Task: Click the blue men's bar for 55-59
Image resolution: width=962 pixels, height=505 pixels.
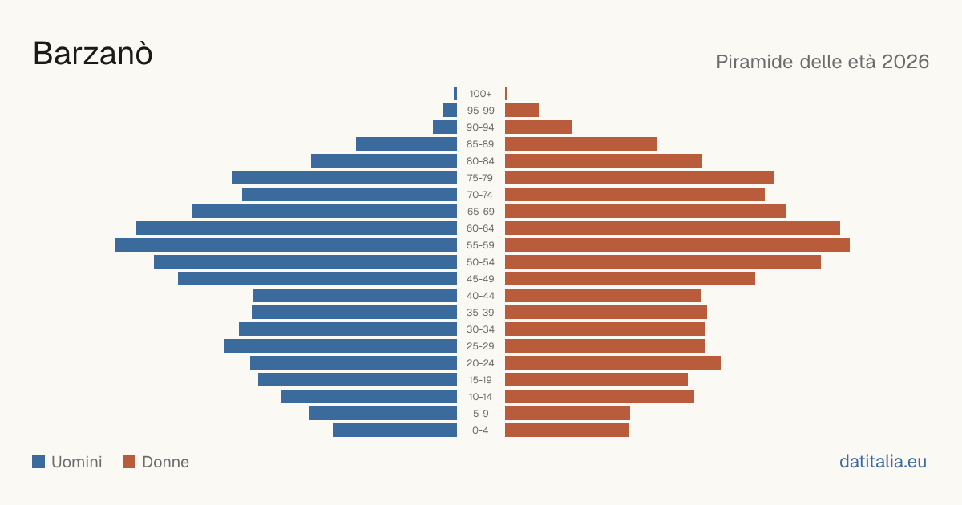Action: tap(286, 244)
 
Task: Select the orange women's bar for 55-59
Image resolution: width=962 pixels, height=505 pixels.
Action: tap(677, 244)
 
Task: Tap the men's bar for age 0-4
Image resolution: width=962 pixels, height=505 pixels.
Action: tap(395, 430)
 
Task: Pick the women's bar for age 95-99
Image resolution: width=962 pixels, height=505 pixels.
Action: tap(522, 111)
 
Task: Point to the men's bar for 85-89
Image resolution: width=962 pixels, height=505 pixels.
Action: tap(406, 143)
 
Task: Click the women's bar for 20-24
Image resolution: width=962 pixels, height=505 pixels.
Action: tap(613, 363)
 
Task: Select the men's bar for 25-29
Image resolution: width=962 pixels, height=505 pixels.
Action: tap(341, 345)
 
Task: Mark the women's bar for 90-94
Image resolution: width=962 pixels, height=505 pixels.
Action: tap(539, 127)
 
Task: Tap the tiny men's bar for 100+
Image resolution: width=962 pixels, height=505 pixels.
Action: tap(455, 93)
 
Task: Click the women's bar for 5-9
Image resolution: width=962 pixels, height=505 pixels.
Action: tap(568, 413)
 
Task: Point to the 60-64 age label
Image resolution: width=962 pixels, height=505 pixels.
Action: tap(480, 228)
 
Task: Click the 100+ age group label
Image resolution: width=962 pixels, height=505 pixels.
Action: tap(480, 94)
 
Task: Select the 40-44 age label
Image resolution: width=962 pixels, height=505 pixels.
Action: tap(480, 296)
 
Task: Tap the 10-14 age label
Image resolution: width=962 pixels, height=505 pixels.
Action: tap(480, 397)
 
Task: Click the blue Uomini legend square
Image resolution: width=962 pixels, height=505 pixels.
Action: tap(38, 462)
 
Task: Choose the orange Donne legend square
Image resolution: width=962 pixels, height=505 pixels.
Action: tap(129, 462)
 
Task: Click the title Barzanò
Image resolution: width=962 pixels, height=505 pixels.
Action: tap(93, 54)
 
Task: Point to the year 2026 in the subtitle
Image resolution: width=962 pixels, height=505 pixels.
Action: tap(905, 62)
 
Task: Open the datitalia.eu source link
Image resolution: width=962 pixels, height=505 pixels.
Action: tap(883, 462)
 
